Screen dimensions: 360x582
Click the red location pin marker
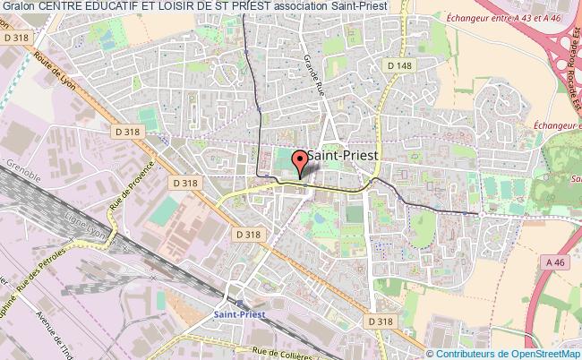302,163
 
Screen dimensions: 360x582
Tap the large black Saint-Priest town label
345,154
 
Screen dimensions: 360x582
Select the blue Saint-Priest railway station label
239,313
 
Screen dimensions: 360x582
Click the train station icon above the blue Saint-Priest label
238,302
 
